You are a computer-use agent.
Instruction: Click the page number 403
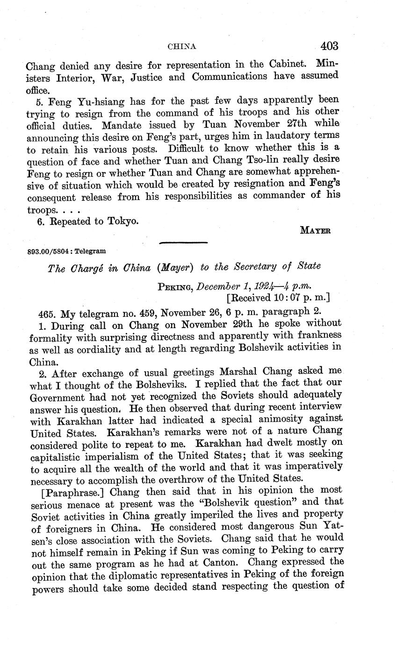click(329, 46)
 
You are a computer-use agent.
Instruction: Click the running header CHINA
click(181, 46)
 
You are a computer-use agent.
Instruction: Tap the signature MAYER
click(315, 230)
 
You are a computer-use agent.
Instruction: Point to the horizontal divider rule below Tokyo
click(183, 243)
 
